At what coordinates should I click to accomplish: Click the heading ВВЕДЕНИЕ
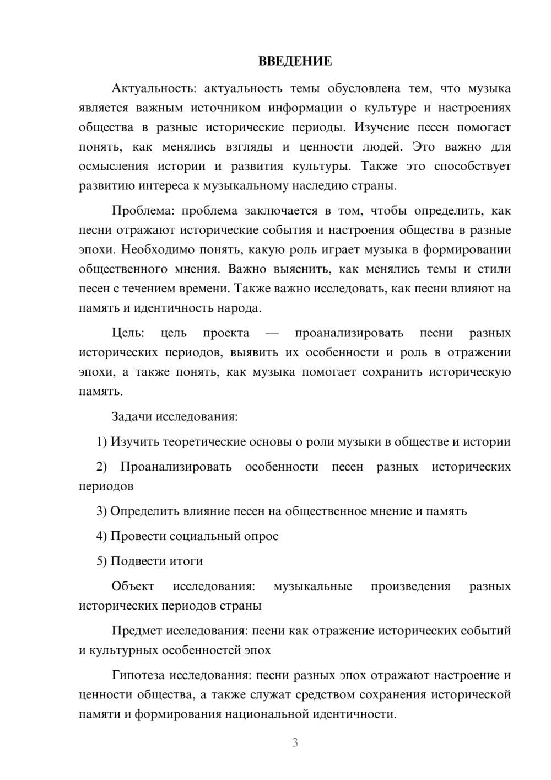pyautogui.click(x=295, y=61)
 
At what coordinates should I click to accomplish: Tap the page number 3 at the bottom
pyautogui.click(x=295, y=742)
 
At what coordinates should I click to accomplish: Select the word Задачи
pyautogui.click(x=132, y=416)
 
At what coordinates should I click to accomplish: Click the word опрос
pyautogui.click(x=261, y=536)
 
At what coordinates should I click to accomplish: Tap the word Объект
pyautogui.click(x=133, y=586)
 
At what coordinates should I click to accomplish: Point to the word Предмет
pyautogui.click(x=137, y=631)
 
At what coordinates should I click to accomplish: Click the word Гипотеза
pyautogui.click(x=138, y=675)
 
